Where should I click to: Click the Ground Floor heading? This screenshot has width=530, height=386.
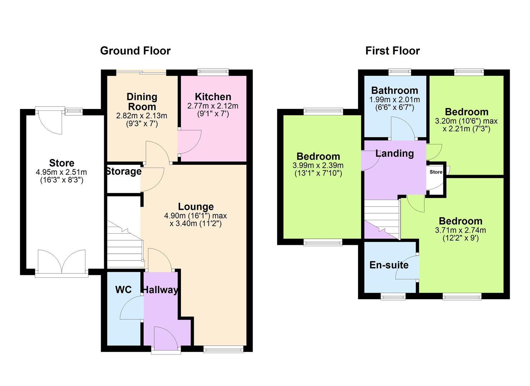[x=135, y=51]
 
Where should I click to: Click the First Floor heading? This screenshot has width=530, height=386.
[x=392, y=51]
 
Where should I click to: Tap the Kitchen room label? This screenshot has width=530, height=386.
[x=213, y=97]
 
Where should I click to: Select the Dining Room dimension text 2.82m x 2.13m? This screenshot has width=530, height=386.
[x=142, y=116]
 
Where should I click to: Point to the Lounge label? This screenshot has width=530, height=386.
[x=196, y=207]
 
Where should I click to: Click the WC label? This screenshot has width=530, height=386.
[x=123, y=289]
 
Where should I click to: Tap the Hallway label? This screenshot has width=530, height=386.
[x=160, y=289]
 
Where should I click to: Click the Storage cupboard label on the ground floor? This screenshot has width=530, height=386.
[x=124, y=172]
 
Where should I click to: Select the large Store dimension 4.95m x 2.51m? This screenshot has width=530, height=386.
[x=61, y=172]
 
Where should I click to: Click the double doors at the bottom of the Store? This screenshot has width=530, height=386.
[x=62, y=262]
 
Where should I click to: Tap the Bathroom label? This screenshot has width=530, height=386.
[x=394, y=90]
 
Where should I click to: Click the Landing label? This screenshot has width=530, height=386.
[x=394, y=153]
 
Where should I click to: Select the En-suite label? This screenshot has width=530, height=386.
[x=389, y=265]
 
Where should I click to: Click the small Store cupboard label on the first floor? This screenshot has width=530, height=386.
[x=436, y=172]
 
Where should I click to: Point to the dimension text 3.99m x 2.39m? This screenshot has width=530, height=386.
[x=318, y=165]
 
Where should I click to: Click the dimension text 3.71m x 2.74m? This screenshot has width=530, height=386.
[x=460, y=230]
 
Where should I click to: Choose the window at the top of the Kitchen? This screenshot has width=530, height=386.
[x=213, y=72]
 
